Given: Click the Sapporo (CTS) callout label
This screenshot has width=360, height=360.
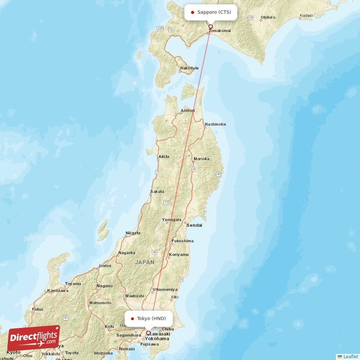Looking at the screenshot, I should pos(211,12).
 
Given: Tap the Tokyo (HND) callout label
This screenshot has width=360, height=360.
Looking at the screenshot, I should pos(148,319).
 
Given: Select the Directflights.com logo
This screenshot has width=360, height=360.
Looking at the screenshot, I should pos(34,338).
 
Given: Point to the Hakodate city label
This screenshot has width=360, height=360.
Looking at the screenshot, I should pos(189,68).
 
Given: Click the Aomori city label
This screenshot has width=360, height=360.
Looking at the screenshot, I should pos(187,111).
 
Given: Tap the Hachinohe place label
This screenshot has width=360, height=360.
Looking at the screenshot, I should pos(215,124).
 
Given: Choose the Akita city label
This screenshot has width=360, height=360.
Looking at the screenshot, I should pos(164,157).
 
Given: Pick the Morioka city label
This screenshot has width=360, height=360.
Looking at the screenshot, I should pos(201,159).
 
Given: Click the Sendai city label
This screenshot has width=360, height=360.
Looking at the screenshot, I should pos(194,225).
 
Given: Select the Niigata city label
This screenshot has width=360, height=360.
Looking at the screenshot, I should pos(133,233).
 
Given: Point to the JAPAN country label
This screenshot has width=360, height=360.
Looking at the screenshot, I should pos(144,262).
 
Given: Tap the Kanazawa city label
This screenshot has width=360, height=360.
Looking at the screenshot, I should pos(58,291).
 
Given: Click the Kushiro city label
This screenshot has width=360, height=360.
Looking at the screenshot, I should pos(306,16).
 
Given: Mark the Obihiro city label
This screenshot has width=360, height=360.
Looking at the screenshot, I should pos(268,17).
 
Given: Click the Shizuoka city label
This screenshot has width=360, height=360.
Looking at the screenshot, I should pos(103,353).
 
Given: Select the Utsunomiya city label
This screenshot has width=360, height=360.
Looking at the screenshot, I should pos(165,289).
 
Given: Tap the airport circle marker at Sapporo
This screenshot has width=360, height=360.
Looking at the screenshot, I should pos(210,27).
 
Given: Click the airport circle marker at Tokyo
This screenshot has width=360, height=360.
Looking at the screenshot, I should pos(148,333).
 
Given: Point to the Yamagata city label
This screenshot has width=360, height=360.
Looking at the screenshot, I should pos(171,220).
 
